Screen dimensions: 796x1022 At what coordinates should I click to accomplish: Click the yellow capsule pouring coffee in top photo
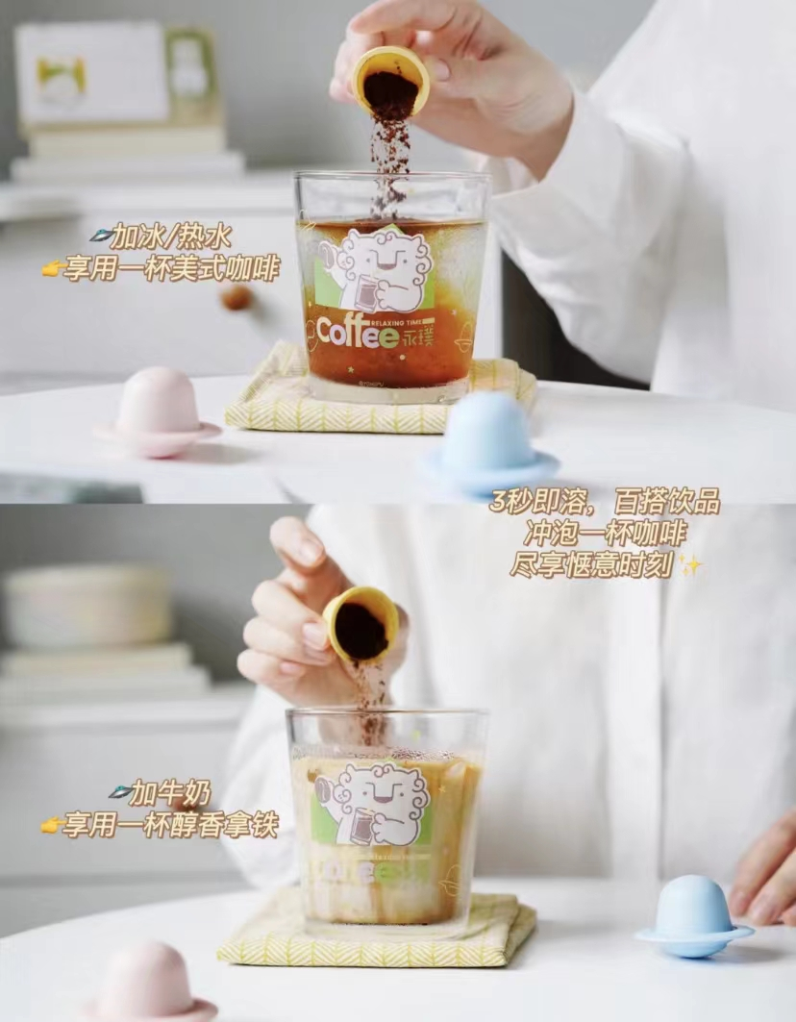[x=390, y=80]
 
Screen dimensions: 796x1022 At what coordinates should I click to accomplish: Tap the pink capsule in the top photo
[x=158, y=411]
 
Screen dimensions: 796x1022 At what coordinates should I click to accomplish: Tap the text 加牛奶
[x=161, y=793]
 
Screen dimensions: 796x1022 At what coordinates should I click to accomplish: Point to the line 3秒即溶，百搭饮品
[x=605, y=503]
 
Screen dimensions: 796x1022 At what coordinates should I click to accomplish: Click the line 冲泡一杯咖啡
[x=605, y=535]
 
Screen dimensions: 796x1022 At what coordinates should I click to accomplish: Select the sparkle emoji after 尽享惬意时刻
[x=689, y=564]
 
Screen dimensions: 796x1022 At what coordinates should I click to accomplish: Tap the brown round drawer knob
[x=236, y=297]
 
